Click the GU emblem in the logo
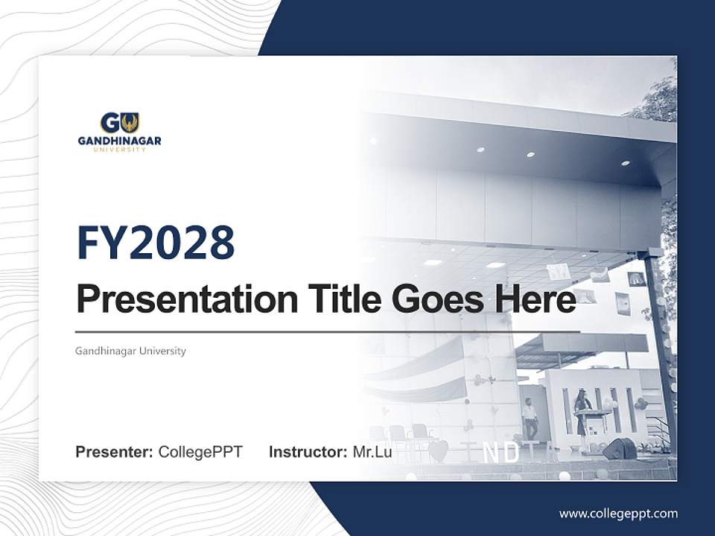(119, 123)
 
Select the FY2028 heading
(156, 242)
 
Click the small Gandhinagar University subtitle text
(130, 351)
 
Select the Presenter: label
(114, 452)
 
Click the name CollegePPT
(200, 452)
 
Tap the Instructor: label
(308, 452)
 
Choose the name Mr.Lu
(372, 452)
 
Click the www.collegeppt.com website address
(618, 514)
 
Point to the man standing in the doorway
(530, 418)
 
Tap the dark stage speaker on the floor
(619, 449)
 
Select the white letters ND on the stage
(501, 453)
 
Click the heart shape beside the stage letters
(439, 450)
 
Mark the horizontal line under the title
(328, 331)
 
